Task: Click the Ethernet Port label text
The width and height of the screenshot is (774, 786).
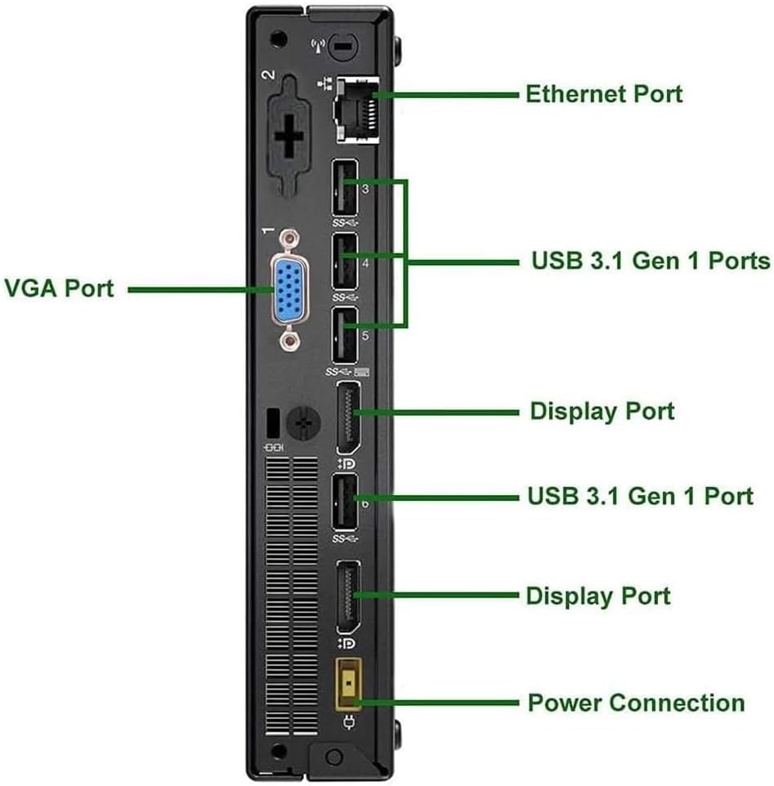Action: point(603,93)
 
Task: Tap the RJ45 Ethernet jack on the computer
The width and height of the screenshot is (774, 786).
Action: point(356,109)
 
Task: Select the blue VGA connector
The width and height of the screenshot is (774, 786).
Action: point(288,288)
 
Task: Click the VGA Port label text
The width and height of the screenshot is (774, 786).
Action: point(59,288)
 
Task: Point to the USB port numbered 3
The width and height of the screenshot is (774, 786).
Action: point(345,186)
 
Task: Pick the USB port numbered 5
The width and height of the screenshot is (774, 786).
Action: point(345,334)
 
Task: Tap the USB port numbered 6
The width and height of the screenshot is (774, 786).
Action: point(345,504)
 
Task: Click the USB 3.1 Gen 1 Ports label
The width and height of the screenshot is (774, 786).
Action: point(651,261)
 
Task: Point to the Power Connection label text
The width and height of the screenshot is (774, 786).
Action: point(636,703)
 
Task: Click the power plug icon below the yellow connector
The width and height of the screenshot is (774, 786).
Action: point(351,722)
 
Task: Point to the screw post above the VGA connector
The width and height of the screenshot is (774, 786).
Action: point(287,237)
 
